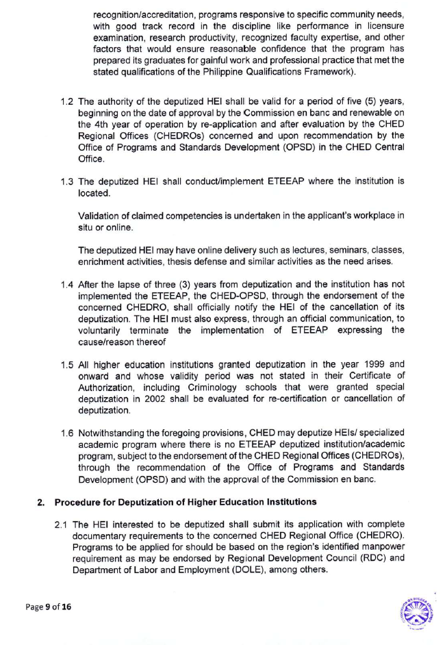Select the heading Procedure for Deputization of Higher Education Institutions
tap(186, 502)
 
